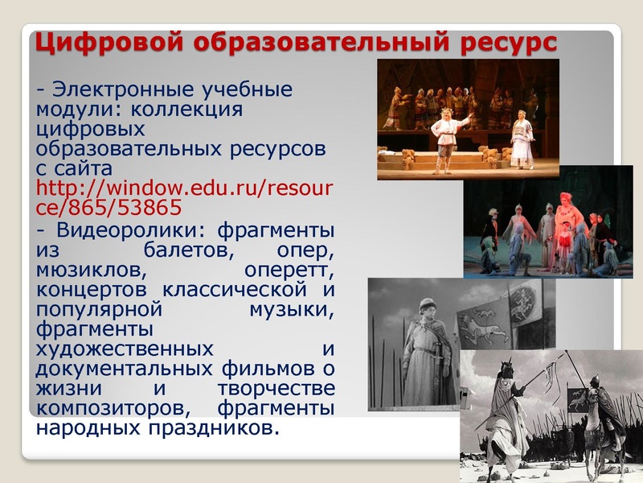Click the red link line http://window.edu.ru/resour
tap(185, 189)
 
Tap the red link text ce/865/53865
tap(109, 208)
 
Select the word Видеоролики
tap(125, 229)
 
